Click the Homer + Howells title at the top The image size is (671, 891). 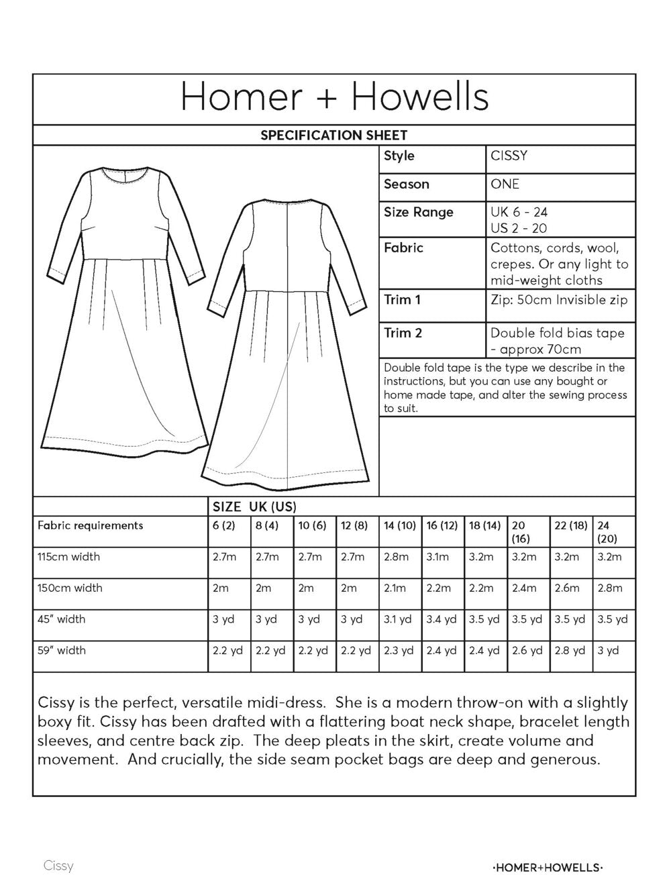(334, 97)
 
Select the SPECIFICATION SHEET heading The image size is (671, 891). (333, 135)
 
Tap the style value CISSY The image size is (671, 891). (509, 156)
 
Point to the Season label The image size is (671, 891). (406, 184)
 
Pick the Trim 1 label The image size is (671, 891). (402, 299)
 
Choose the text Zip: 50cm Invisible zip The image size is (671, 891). (559, 299)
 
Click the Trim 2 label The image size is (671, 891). (403, 332)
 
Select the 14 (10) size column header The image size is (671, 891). (399, 525)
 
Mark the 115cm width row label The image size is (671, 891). (68, 556)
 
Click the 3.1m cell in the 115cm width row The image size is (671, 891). (437, 556)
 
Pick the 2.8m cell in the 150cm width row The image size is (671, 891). (609, 588)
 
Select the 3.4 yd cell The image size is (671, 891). (441, 619)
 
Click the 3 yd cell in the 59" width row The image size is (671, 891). (609, 650)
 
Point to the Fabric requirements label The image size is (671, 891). (90, 525)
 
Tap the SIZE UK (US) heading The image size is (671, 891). (254, 507)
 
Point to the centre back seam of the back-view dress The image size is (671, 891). (287, 335)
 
